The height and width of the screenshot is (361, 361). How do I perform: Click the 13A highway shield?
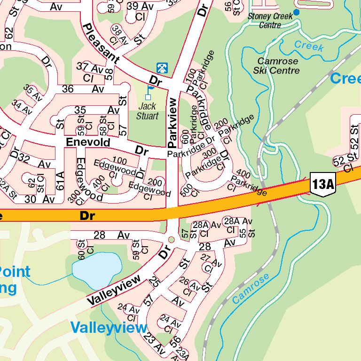point(323,184)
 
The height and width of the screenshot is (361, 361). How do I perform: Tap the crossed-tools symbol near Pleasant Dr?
point(161,68)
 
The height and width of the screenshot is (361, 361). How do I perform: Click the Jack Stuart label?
point(148,111)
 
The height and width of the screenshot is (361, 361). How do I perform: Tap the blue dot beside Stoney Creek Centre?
point(296,12)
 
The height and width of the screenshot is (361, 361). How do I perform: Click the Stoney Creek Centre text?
point(270,20)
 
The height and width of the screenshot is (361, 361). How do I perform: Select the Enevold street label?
point(88,142)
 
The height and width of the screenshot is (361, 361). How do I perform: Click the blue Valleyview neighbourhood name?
point(109,327)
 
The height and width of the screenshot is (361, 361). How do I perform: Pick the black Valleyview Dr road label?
point(114,290)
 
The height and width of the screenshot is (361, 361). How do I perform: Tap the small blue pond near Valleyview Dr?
point(96,270)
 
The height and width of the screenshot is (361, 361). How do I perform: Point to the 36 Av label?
point(83,89)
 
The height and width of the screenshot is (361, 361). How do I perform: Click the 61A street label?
point(60,181)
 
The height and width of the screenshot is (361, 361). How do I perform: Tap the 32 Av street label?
point(37,164)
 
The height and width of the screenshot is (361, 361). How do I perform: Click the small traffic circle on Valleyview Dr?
point(171,240)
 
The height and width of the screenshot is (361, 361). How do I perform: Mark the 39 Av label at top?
point(141,6)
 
